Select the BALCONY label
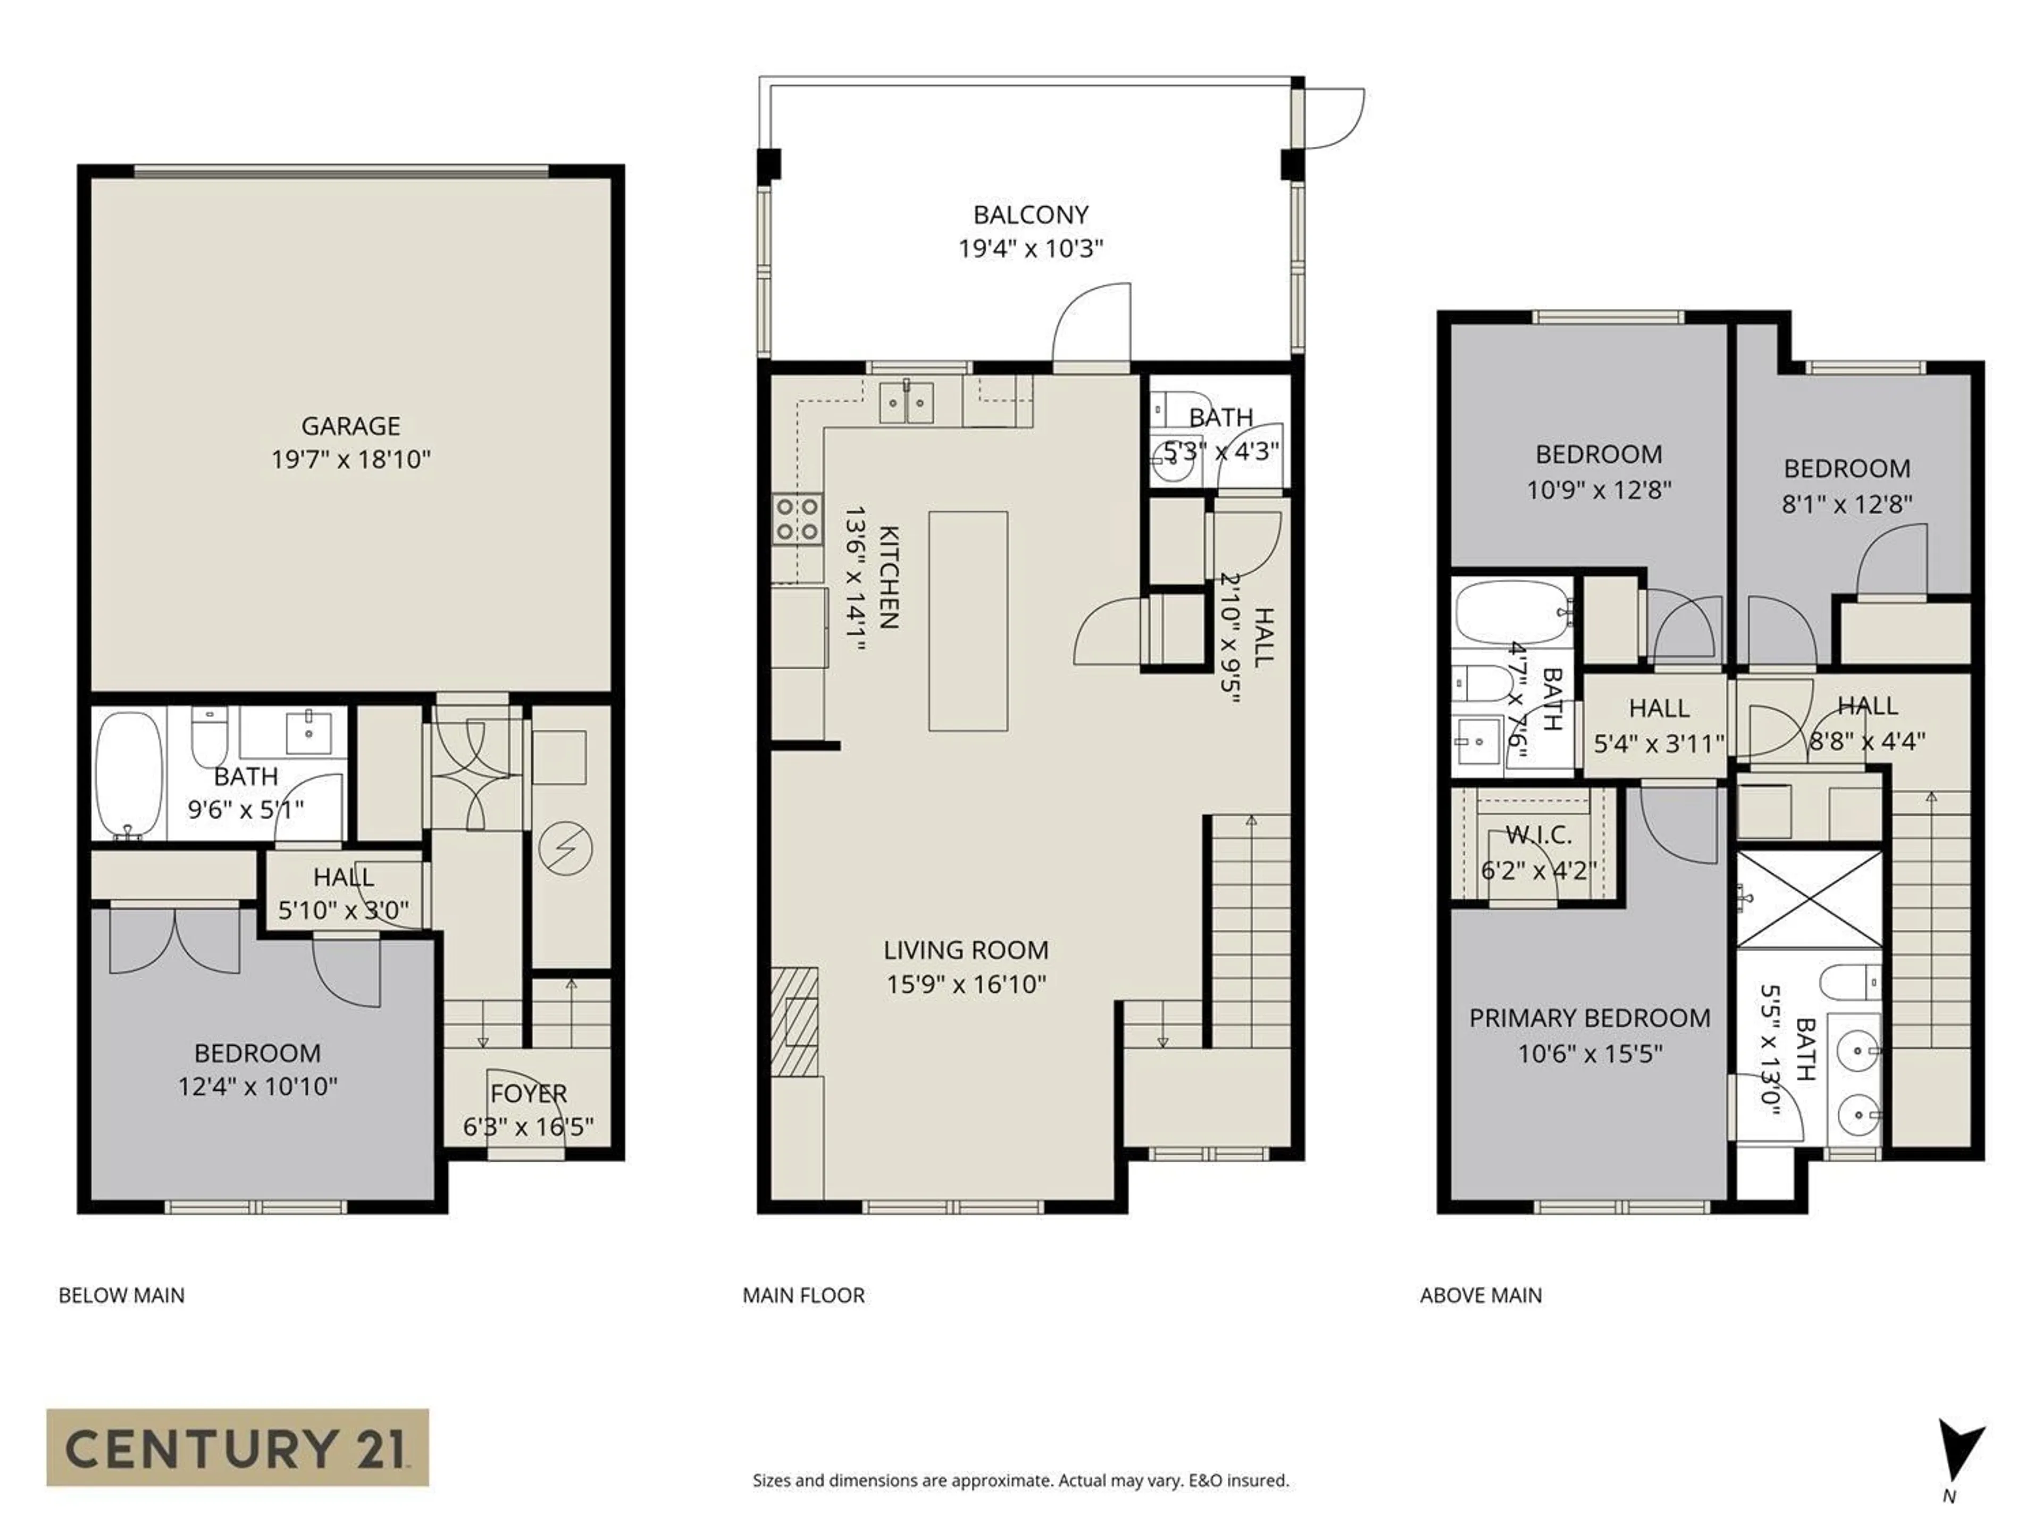(x=1030, y=214)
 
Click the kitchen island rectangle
(x=967, y=621)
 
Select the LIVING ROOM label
(x=966, y=950)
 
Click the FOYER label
(x=528, y=1093)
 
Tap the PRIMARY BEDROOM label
(x=1589, y=1018)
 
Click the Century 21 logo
(x=237, y=1447)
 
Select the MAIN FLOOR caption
(x=803, y=1296)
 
